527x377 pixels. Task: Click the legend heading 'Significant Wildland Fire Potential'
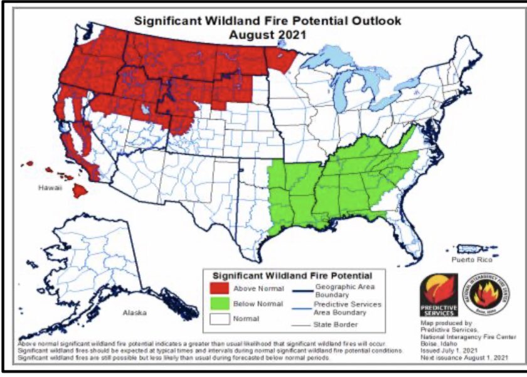tap(292, 275)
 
